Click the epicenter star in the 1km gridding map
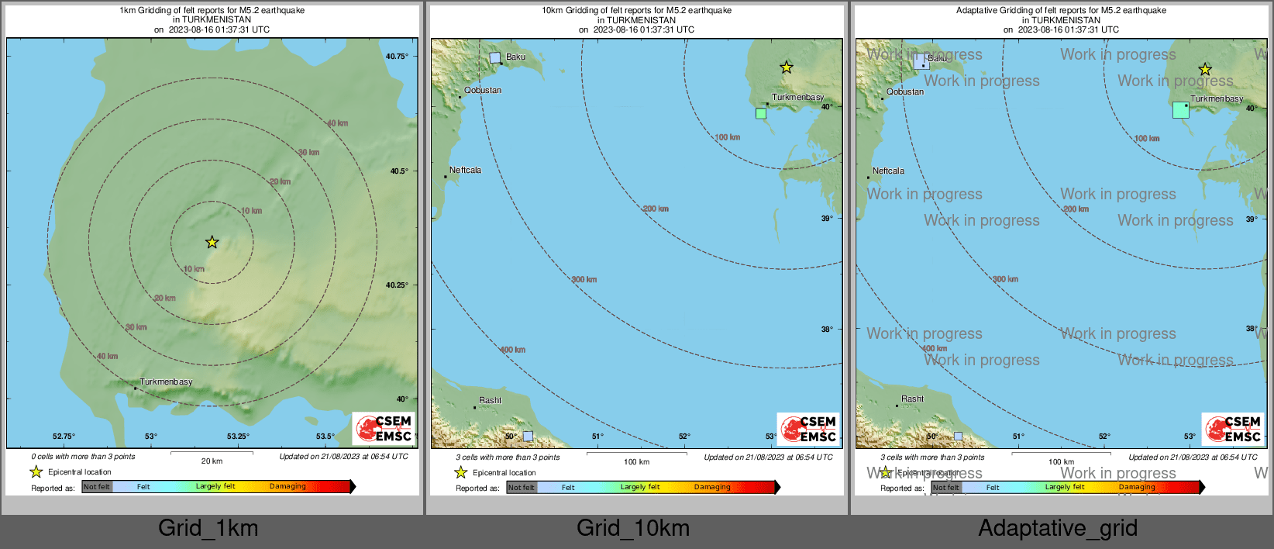[212, 243]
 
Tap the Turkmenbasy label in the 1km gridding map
[166, 382]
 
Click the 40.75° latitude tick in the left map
[397, 57]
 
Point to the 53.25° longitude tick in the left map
[238, 437]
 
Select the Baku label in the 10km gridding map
[515, 57]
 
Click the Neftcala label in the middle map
[465, 170]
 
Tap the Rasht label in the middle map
[490, 400]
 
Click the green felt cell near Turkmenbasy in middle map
[761, 113]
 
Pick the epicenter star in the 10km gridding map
[787, 67]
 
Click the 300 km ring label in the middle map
[584, 279]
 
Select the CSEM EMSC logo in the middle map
[807, 429]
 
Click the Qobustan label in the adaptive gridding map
[905, 91]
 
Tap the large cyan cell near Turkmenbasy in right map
[1180, 110]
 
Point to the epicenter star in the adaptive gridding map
[1205, 69]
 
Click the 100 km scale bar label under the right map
[1061, 461]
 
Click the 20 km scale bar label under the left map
[212, 461]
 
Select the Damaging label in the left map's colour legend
[288, 486]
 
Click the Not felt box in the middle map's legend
[521, 488]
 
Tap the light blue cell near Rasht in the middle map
[528, 436]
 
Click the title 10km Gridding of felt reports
[636, 11]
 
